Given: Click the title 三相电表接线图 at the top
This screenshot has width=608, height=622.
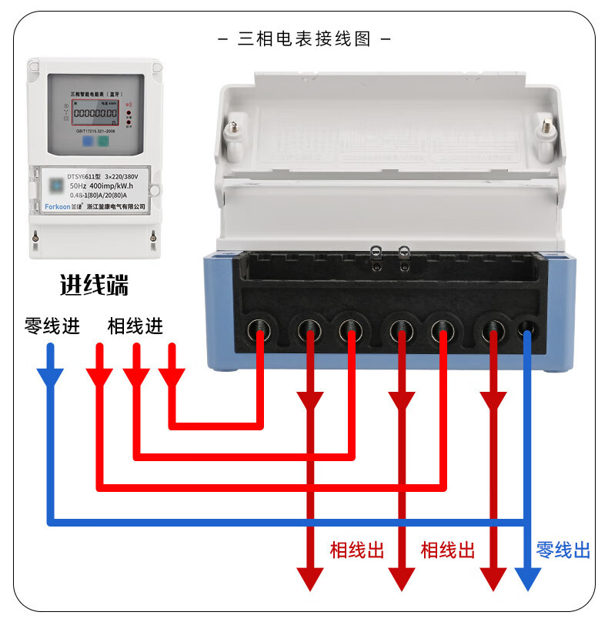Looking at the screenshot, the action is [x=304, y=38].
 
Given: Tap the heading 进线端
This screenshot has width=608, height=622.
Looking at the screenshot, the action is [x=94, y=286].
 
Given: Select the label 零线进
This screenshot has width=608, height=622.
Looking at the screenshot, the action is [x=52, y=326].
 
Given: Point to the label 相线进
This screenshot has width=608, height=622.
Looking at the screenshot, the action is [x=135, y=326].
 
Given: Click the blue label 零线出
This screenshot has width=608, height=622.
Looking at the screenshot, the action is [x=563, y=550].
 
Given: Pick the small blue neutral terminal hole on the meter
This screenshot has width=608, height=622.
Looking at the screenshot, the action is [x=527, y=330].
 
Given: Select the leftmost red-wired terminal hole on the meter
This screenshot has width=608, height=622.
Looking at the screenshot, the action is [x=259, y=332].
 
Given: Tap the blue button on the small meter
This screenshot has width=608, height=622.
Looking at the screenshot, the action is [x=88, y=141].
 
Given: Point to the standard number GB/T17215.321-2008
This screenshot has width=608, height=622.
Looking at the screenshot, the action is [x=92, y=132].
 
